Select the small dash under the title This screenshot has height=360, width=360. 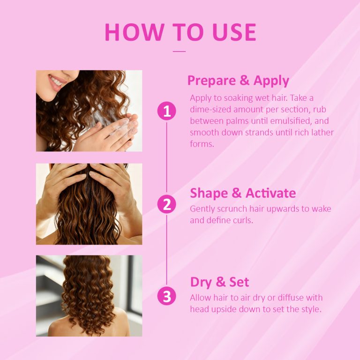click(180, 51)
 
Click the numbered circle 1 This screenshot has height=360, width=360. click(167, 111)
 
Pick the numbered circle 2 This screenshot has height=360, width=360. click(167, 204)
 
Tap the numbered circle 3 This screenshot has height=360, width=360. click(167, 296)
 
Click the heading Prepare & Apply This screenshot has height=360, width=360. click(238, 81)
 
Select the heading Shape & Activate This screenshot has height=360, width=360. click(243, 193)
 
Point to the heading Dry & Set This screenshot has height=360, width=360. click(219, 282)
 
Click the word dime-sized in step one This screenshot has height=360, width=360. click(211, 109)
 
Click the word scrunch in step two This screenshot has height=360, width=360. click(233, 209)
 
